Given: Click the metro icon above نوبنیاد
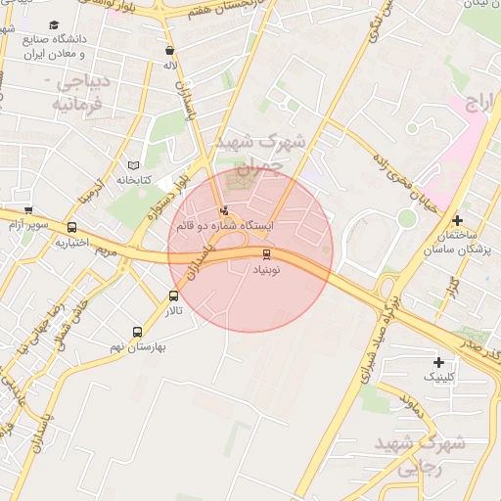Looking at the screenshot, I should point(269,253).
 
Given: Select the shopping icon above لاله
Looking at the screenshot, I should point(170,51).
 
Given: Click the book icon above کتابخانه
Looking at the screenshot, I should point(134,166).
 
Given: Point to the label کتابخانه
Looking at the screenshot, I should point(136,180).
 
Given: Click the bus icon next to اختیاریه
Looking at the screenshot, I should point(72,228).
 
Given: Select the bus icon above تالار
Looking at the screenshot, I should point(173,296).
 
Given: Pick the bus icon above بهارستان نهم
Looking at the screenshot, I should point(137,332).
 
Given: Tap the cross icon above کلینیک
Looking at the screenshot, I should point(437,362).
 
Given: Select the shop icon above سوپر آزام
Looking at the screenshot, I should point(27,210).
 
